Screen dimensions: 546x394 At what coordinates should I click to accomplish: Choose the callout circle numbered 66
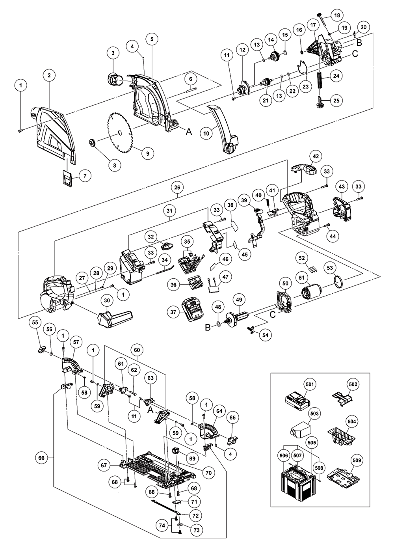click(42, 458)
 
